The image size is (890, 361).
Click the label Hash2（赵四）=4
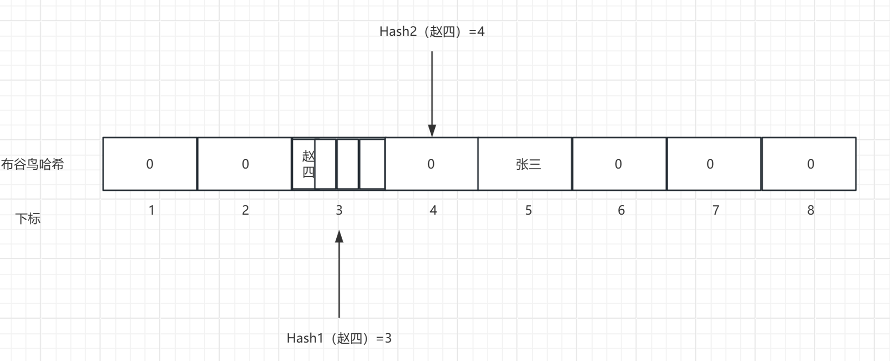(x=432, y=31)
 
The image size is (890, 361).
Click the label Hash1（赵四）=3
(x=339, y=338)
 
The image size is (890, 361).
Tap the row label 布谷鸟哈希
(x=33, y=164)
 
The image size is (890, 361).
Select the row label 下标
(x=28, y=219)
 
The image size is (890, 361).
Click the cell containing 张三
(x=525, y=164)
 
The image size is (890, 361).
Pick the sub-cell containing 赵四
(x=304, y=164)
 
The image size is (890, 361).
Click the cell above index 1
(x=150, y=164)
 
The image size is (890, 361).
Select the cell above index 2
(x=245, y=164)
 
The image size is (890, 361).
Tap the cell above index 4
(x=431, y=164)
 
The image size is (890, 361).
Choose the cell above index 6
(x=619, y=164)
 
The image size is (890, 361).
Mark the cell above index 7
(x=713, y=164)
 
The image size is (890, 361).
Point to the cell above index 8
(x=809, y=164)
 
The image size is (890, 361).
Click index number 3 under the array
(x=339, y=210)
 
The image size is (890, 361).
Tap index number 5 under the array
(x=529, y=210)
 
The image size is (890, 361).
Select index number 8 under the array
(x=811, y=210)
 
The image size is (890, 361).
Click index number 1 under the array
(x=151, y=210)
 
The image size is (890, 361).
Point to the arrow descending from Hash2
(x=432, y=92)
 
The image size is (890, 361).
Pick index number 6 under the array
(x=622, y=210)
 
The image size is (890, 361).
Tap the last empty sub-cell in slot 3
(x=372, y=164)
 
